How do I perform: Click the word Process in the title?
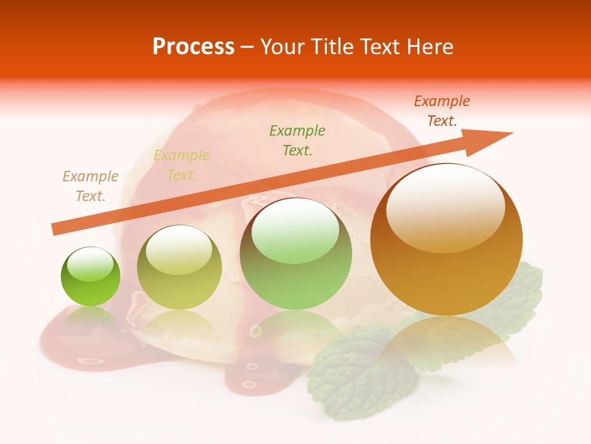click(x=193, y=47)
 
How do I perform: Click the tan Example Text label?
click(x=90, y=186)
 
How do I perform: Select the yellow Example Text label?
click(x=181, y=165)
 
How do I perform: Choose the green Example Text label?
click(x=297, y=140)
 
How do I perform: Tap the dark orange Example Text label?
click(x=442, y=111)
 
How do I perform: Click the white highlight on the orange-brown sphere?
click(x=445, y=208)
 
